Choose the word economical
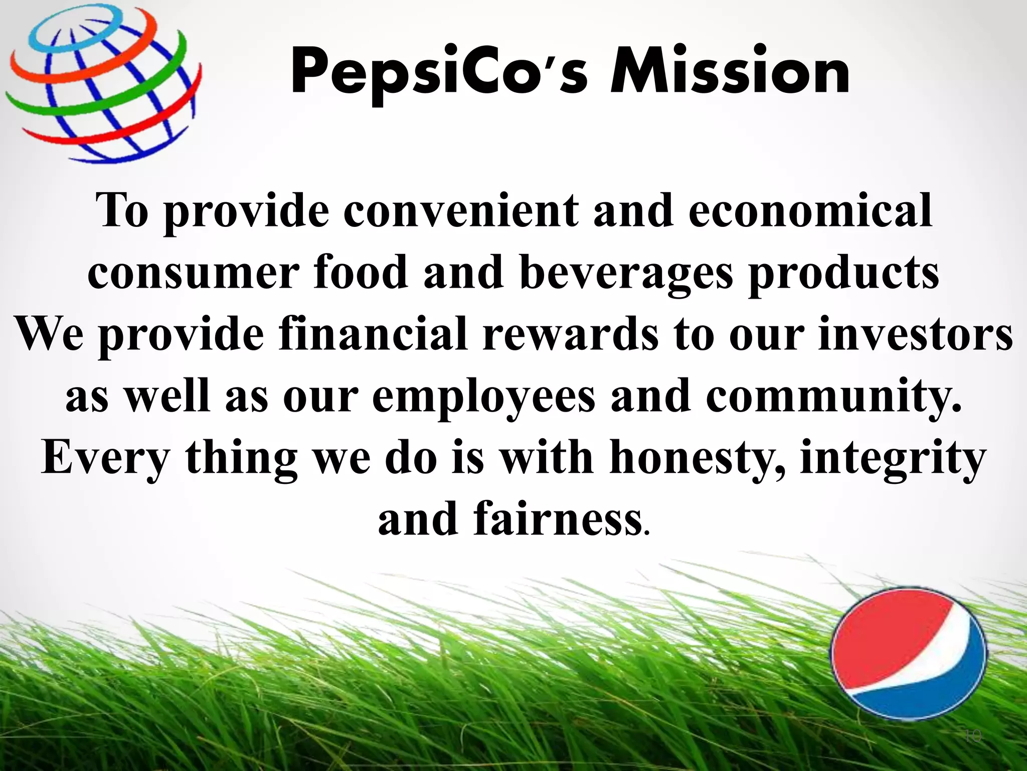[x=810, y=211]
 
